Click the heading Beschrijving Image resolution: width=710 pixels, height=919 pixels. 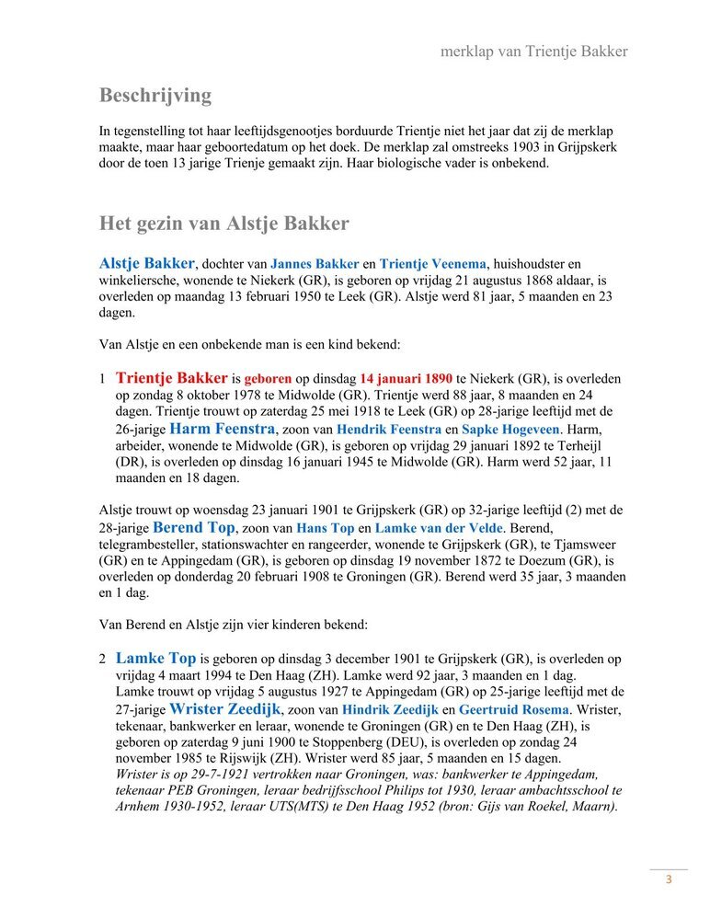point(155,95)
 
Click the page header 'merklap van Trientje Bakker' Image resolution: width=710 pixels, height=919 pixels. point(533,52)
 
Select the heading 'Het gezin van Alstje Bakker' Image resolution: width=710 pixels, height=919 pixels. point(223,224)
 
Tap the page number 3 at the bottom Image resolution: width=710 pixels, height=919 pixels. point(669,879)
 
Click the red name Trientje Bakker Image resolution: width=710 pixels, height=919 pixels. point(172,377)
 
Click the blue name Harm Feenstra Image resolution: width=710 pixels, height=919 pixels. point(223,429)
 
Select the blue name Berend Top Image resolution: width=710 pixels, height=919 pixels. point(194,528)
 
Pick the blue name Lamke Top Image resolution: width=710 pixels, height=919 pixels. point(155,659)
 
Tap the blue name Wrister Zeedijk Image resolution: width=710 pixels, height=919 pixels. point(225,709)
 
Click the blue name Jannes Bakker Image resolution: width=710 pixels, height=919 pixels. point(315,264)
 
